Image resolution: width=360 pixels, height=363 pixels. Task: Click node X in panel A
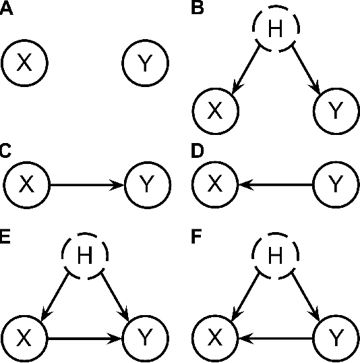[x=24, y=63]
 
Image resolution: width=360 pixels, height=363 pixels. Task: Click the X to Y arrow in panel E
[x=85, y=334]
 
